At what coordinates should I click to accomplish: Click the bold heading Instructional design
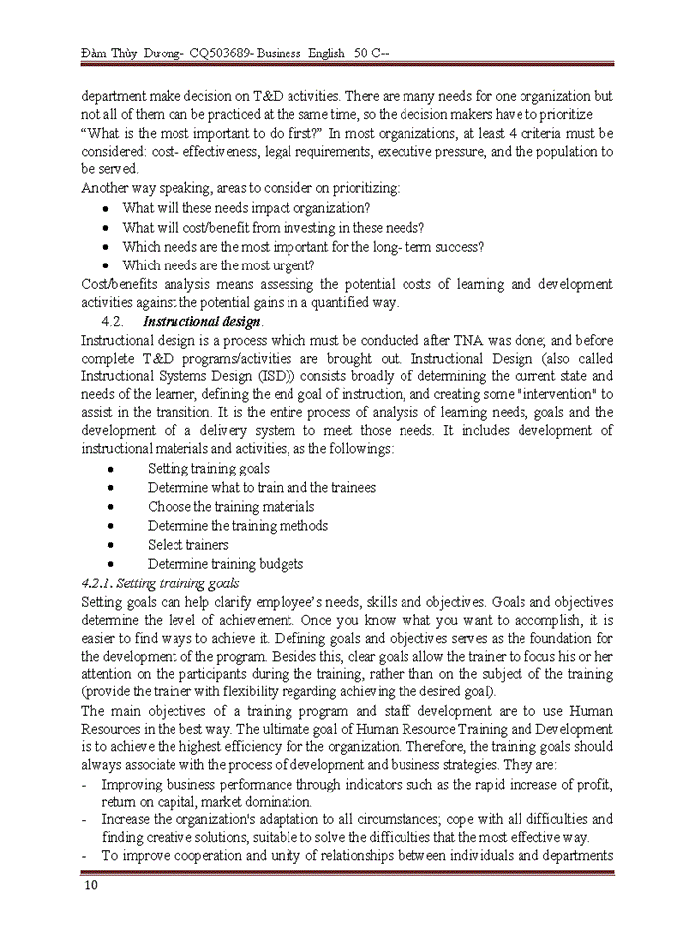pyautogui.click(x=202, y=322)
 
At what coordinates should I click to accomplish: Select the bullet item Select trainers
pyautogui.click(x=187, y=545)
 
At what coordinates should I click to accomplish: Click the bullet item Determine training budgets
pyautogui.click(x=225, y=564)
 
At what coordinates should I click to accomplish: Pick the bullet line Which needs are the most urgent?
pyautogui.click(x=218, y=265)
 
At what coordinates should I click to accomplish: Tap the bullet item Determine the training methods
pyautogui.click(x=238, y=526)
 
